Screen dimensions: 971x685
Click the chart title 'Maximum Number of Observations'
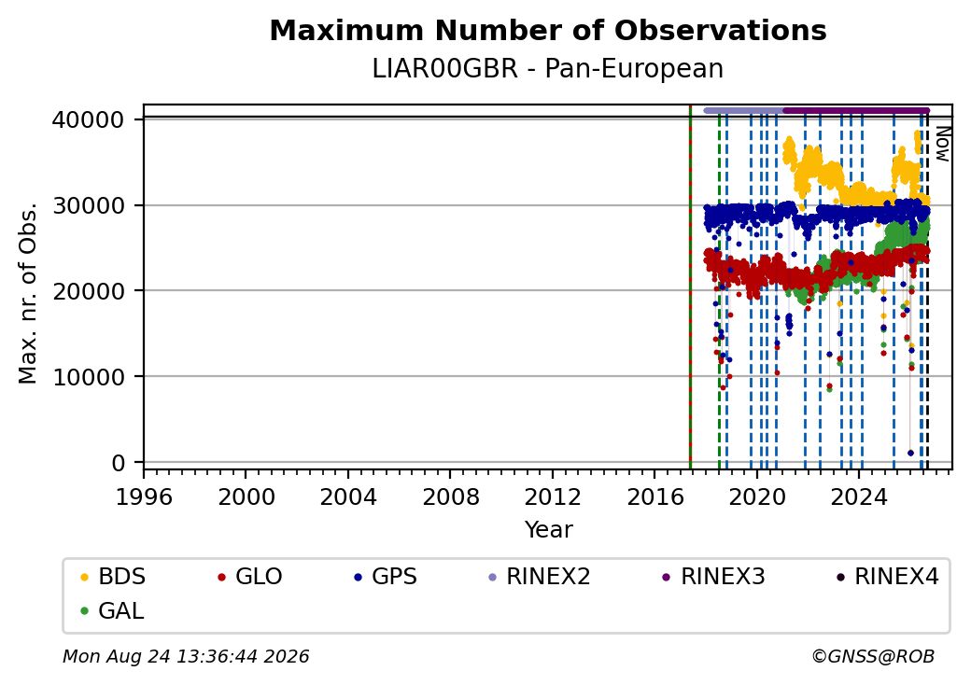[548, 30]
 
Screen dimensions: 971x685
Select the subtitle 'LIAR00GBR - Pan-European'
[548, 69]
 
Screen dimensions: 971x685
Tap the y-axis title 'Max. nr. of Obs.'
[28, 293]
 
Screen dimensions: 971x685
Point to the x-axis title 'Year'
[549, 530]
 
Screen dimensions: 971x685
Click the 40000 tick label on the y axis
[89, 119]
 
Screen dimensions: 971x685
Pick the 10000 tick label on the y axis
[89, 377]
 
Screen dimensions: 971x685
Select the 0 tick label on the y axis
[119, 463]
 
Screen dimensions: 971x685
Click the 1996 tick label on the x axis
[144, 496]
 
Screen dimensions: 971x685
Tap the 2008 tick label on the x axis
[450, 496]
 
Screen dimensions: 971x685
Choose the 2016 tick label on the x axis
[655, 496]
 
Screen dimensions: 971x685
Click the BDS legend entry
[113, 577]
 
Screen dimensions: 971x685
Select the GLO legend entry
[250, 577]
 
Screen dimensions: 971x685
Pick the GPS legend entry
[386, 577]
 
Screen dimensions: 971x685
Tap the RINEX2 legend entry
[540, 577]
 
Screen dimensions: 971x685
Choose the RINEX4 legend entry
[887, 577]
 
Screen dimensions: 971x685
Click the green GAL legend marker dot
[85, 611]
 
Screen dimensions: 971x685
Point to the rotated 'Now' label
[942, 144]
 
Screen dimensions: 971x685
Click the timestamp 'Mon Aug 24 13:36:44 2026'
[186, 656]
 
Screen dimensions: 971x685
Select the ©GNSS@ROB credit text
[873, 656]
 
